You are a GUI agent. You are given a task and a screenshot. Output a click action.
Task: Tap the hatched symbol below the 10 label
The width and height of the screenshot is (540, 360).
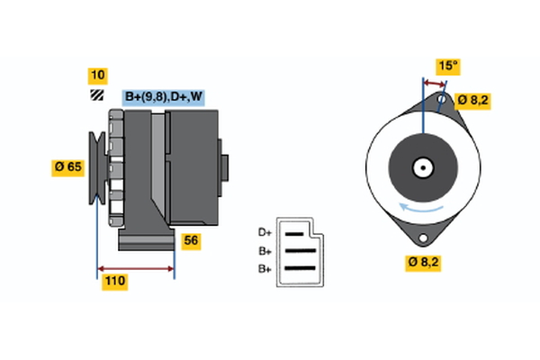tap(96, 94)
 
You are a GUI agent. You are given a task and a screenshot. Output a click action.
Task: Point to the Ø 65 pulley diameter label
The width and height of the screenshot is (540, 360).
tap(67, 166)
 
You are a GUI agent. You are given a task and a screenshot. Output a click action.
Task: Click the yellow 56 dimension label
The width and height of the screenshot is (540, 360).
tap(191, 239)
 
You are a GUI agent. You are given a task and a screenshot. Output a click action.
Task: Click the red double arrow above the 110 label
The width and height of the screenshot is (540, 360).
tap(135, 268)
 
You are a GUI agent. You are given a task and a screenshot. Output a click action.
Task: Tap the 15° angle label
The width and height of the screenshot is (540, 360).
tap(447, 66)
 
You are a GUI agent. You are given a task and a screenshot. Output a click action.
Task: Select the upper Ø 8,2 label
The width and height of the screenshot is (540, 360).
tap(472, 101)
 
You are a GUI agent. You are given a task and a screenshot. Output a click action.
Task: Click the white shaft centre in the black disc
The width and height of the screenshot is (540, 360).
tap(421, 167)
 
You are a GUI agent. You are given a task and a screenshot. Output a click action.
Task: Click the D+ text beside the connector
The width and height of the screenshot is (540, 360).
tap(265, 231)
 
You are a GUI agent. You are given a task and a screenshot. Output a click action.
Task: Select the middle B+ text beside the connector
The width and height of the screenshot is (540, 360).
tap(265, 250)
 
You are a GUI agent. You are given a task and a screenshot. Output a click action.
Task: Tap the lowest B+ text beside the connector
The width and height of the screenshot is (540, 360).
tap(265, 268)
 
